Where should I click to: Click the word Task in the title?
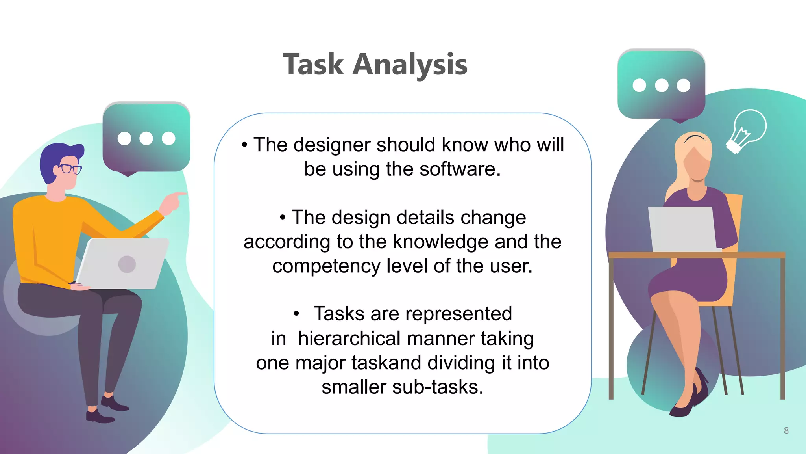313,64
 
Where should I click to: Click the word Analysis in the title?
410,64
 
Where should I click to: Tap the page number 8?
786,430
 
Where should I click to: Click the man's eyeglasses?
71,169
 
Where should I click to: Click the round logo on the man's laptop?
127,264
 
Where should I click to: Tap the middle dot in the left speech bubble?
146,138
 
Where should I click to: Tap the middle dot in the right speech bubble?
661,85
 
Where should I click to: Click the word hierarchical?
349,339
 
